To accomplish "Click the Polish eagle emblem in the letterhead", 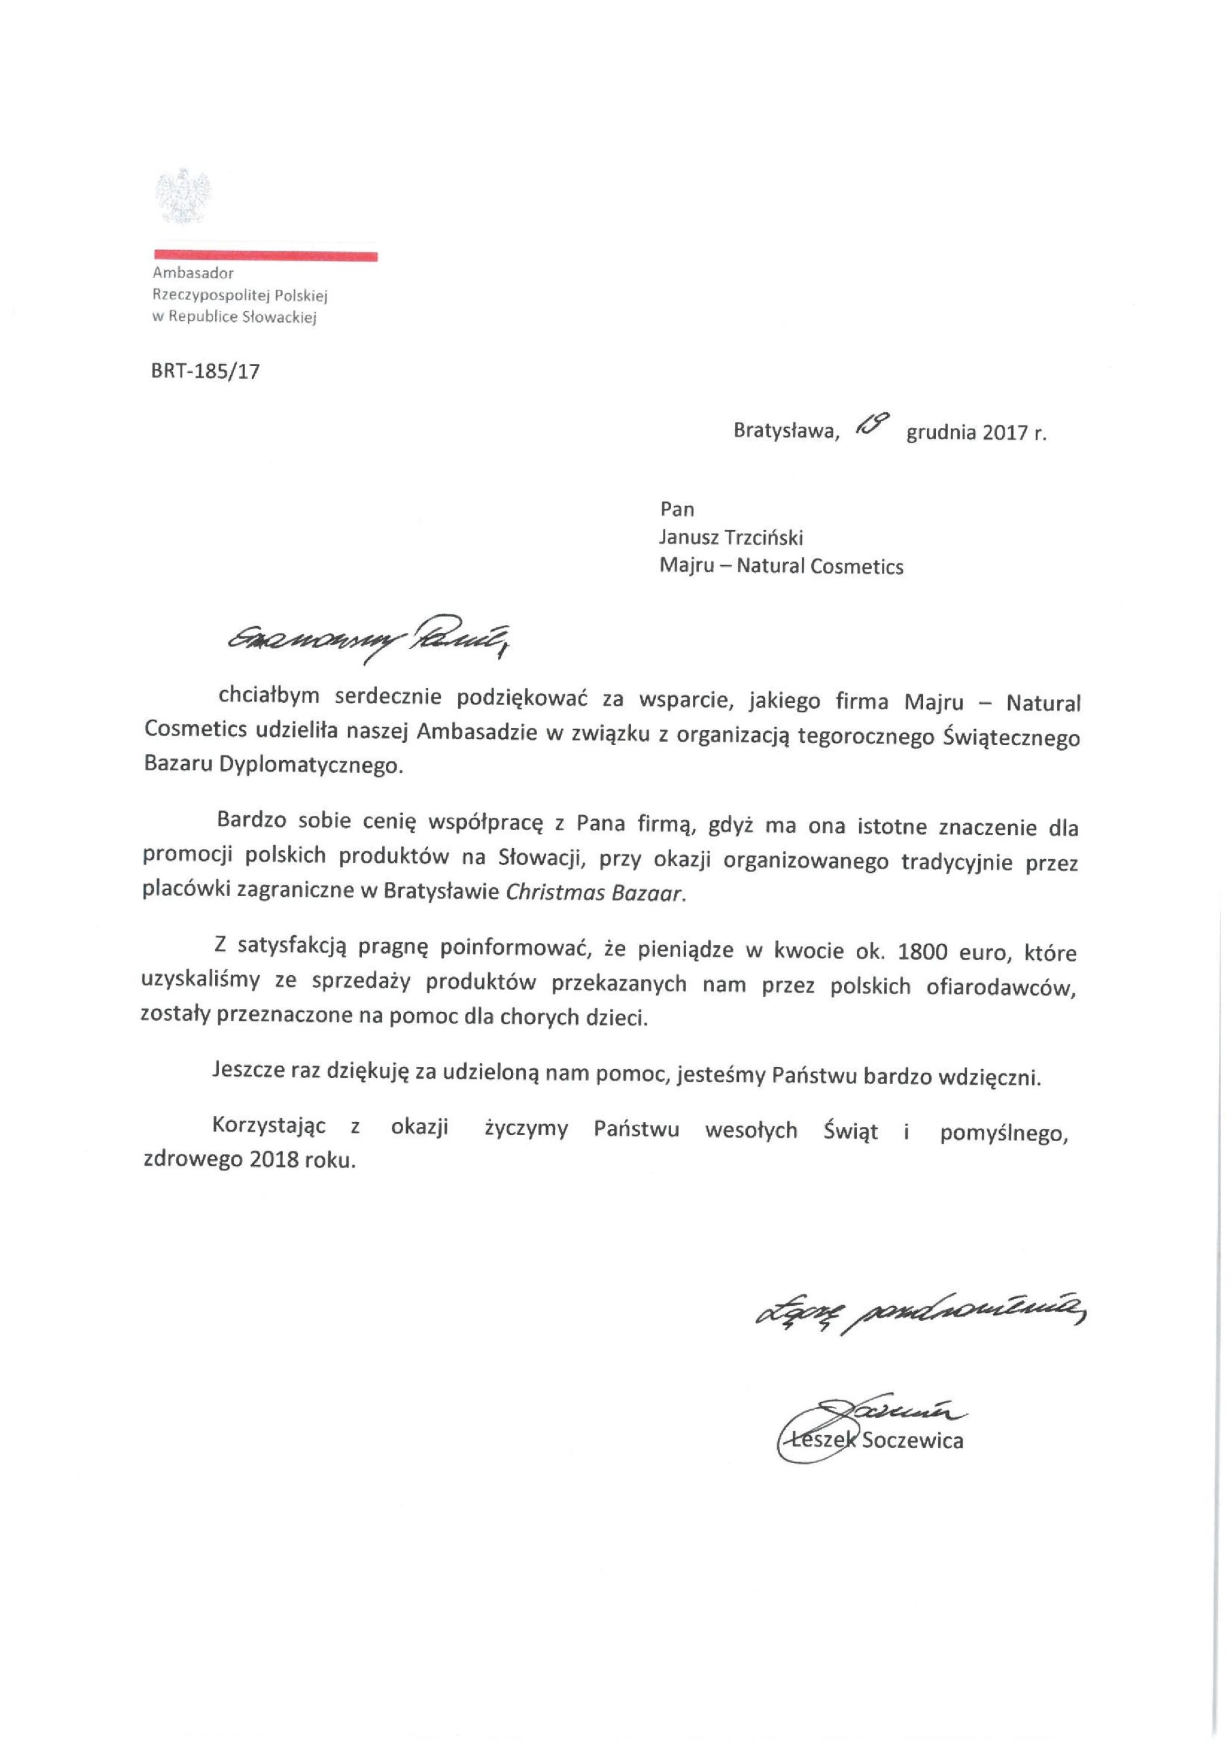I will point(182,197).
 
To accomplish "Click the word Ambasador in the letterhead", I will point(193,272).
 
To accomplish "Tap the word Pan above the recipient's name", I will point(677,508).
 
